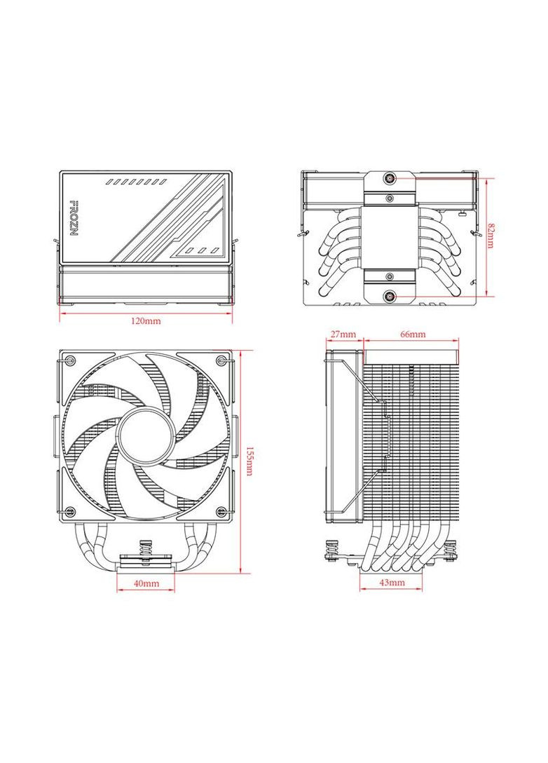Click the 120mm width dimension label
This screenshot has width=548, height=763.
tap(146, 321)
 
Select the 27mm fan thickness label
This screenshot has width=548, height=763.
tap(343, 335)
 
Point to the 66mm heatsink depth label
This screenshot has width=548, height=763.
tap(413, 335)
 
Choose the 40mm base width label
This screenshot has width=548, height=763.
tap(146, 583)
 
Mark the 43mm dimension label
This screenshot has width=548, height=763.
tap(392, 583)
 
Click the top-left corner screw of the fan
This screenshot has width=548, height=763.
tap(69, 361)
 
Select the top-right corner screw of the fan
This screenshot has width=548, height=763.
tap(222, 361)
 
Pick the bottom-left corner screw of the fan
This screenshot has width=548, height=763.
tap(69, 510)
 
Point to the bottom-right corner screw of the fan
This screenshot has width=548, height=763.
tap(222, 510)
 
